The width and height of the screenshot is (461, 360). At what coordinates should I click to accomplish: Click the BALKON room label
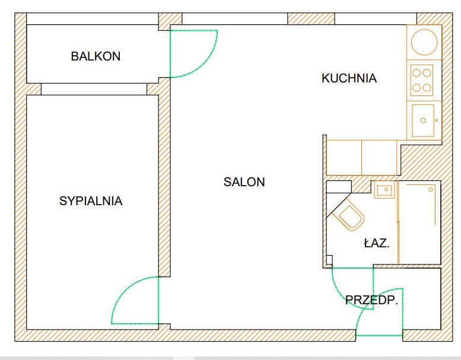coord(96,57)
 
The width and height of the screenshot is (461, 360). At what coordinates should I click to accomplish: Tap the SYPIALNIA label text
coord(91,201)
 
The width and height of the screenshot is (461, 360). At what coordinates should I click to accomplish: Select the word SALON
coord(244,182)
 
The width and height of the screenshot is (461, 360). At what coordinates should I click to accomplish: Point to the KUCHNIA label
coord(349,78)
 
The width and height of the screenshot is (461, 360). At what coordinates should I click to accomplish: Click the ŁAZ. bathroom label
coord(376,243)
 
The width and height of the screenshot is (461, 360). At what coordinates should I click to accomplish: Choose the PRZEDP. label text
coord(371,301)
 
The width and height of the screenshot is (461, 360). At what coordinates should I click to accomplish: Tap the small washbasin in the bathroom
coord(384,190)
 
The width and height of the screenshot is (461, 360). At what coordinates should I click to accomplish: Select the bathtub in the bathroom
coord(418,222)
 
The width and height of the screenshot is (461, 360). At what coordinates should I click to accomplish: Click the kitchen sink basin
coord(423,120)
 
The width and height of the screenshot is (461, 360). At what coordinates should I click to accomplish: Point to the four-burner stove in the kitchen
coord(422,80)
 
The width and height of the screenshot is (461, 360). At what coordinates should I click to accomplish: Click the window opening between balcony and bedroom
coord(94,89)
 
